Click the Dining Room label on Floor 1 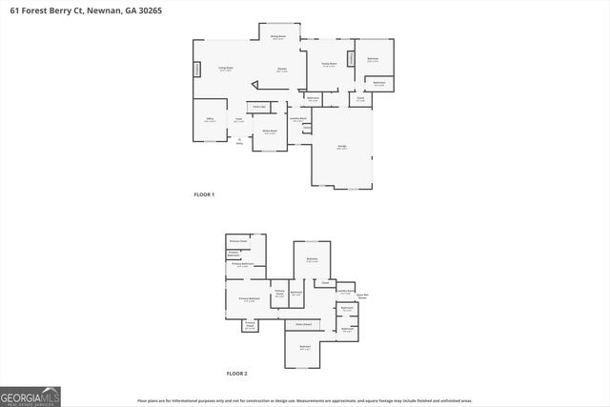(277, 37)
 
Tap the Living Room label (226, 69)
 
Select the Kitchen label (282, 70)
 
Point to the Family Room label (329, 65)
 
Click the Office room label (210, 120)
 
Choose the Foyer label (239, 120)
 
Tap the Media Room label (270, 132)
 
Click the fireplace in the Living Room (197, 70)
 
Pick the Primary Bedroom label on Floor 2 (250, 299)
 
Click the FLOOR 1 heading (204, 194)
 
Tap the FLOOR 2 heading (235, 374)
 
